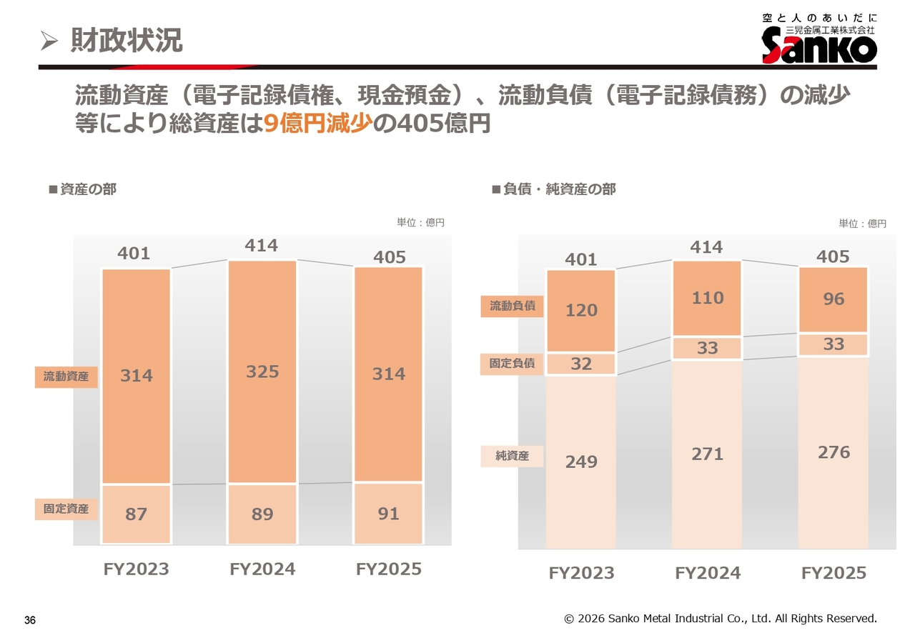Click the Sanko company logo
pos(819,39)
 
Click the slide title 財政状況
pos(127,40)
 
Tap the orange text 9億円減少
pos(318,122)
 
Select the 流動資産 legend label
pos(66,377)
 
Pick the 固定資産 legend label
pos(66,509)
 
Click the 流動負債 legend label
pos(513,306)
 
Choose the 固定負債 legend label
pos(513,364)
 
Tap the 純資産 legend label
pos(513,456)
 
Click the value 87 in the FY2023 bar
pos(136,514)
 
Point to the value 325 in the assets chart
pos(262,372)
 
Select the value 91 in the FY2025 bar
pos(388,514)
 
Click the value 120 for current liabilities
pos(581,310)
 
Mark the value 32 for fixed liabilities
pos(581,364)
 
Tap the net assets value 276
pos(834,452)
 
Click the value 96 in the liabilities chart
pos(834,299)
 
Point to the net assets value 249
pos(581,462)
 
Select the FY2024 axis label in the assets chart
pos(262,569)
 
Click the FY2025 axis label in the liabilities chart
pos(834,573)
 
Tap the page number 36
pos(30,620)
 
